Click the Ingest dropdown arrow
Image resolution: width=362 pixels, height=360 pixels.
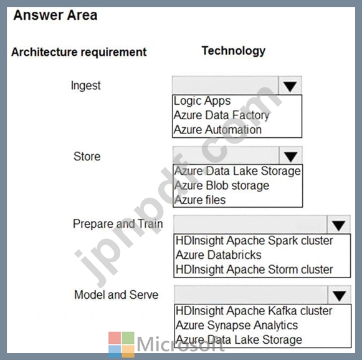click(x=290, y=86)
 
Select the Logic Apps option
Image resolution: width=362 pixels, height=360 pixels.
click(x=202, y=101)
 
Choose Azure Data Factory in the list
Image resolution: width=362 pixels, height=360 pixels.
click(x=221, y=115)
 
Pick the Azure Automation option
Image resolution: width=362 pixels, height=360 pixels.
click(x=217, y=130)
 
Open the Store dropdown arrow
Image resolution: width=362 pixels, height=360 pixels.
click(x=290, y=156)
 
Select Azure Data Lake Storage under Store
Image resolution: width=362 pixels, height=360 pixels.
click(x=237, y=172)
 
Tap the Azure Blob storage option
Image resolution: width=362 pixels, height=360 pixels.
click(x=222, y=186)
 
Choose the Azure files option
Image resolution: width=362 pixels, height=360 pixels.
click(x=200, y=200)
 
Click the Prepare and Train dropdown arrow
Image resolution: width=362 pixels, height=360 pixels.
click(x=339, y=225)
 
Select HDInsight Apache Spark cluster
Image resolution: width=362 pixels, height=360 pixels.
click(x=254, y=241)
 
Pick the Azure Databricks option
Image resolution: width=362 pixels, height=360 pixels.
click(x=219, y=255)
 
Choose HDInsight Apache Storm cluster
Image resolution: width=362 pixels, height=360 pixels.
click(x=254, y=270)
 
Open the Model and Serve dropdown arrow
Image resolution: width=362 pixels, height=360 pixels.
click(x=339, y=295)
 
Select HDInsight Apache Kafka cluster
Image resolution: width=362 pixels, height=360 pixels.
click(x=254, y=311)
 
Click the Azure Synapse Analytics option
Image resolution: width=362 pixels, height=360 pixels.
click(x=237, y=326)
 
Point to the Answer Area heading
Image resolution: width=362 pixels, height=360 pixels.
click(x=55, y=15)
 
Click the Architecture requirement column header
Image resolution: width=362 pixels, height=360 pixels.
click(x=79, y=52)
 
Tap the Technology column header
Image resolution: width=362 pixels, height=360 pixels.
click(x=234, y=51)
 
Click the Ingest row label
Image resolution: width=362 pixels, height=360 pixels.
click(x=85, y=85)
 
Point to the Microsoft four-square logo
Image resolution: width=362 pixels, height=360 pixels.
click(x=121, y=344)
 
